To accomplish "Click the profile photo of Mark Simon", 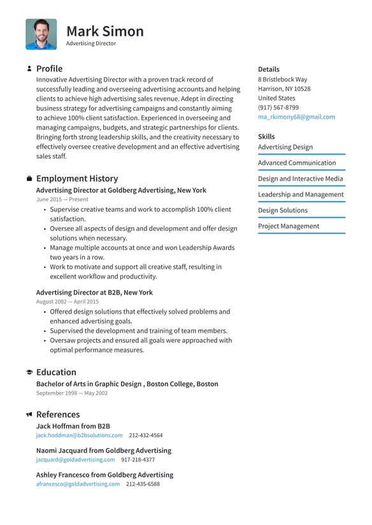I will tap(41, 34).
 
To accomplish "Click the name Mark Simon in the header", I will tap(105, 31).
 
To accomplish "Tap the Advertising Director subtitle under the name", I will tap(91, 44).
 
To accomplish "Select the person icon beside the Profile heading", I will tap(29, 69).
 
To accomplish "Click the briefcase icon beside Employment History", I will tap(29, 179).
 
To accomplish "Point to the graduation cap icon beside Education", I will tap(29, 372).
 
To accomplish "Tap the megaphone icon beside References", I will tap(29, 414).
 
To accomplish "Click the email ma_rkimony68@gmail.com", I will tap(296, 117).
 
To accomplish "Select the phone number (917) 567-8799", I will tap(278, 108).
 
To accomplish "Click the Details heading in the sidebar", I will tap(268, 69).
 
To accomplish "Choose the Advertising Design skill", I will tap(285, 147).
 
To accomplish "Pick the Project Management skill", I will tap(288, 226).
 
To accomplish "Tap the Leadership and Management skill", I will tap(300, 195).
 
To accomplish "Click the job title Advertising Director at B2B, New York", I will tap(94, 293).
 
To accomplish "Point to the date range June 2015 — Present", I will tap(62, 199).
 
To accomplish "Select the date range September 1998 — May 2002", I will tap(72, 393).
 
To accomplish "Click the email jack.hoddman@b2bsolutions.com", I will tap(79, 435).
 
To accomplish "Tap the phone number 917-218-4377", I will tap(138, 459).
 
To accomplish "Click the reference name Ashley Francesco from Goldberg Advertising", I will tap(104, 475).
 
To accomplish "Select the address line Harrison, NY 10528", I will tap(284, 89).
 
